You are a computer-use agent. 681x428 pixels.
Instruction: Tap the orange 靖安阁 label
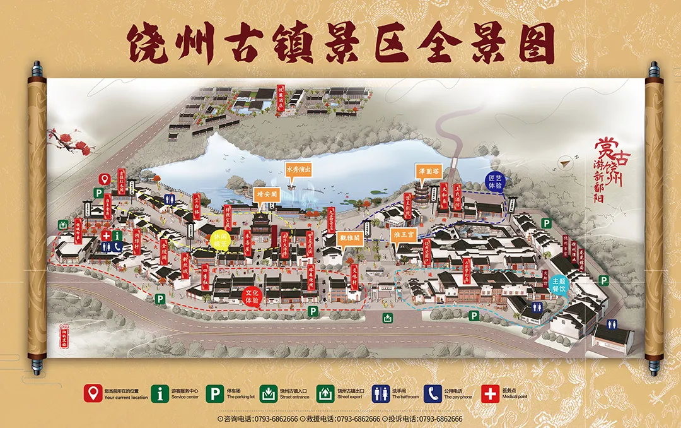click(x=266, y=194)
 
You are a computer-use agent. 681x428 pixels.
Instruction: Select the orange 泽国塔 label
click(x=427, y=170)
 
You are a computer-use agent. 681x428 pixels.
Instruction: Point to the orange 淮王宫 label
click(x=404, y=235)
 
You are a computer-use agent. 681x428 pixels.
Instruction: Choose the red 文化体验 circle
click(x=253, y=296)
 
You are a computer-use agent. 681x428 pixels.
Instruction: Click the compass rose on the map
click(x=566, y=162)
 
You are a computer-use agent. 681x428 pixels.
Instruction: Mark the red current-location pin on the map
click(x=105, y=179)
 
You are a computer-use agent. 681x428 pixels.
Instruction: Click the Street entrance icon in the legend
click(x=267, y=394)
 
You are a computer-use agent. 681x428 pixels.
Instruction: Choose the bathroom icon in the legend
click(x=380, y=394)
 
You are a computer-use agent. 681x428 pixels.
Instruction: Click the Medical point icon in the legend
click(x=490, y=394)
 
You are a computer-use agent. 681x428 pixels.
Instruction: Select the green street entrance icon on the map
click(x=387, y=319)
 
